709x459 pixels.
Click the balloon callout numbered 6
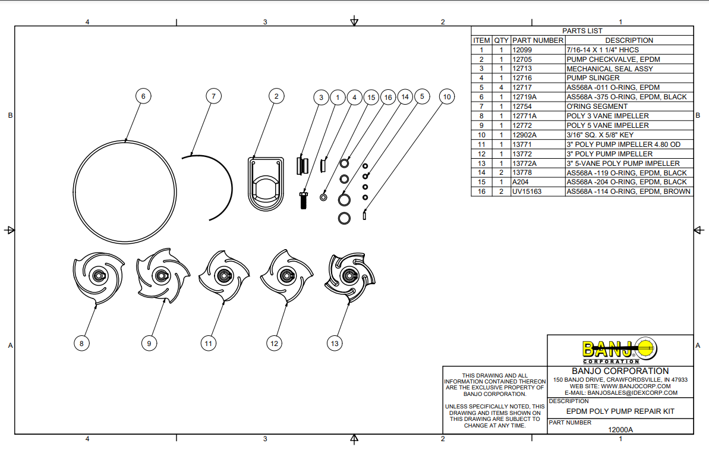(143, 96)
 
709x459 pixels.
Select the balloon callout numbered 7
(214, 96)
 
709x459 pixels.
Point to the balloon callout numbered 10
(447, 96)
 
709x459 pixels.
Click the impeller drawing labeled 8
(98, 276)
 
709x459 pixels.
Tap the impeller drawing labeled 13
(351, 276)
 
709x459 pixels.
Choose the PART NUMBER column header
(537, 40)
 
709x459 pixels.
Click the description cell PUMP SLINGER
(593, 78)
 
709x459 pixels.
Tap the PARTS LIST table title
(582, 31)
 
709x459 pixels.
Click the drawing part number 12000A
(620, 430)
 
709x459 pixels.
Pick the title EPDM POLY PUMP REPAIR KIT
(620, 411)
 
